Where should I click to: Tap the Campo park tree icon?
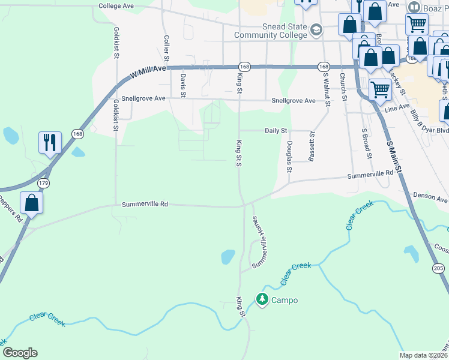point(262,298)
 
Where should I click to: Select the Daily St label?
point(277,130)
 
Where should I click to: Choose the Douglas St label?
point(289,157)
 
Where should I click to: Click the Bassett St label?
point(312,146)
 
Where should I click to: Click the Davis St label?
point(183,85)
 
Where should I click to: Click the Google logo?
point(20,353)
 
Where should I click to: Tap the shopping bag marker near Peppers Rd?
point(32,203)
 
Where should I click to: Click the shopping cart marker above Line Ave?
point(380,90)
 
